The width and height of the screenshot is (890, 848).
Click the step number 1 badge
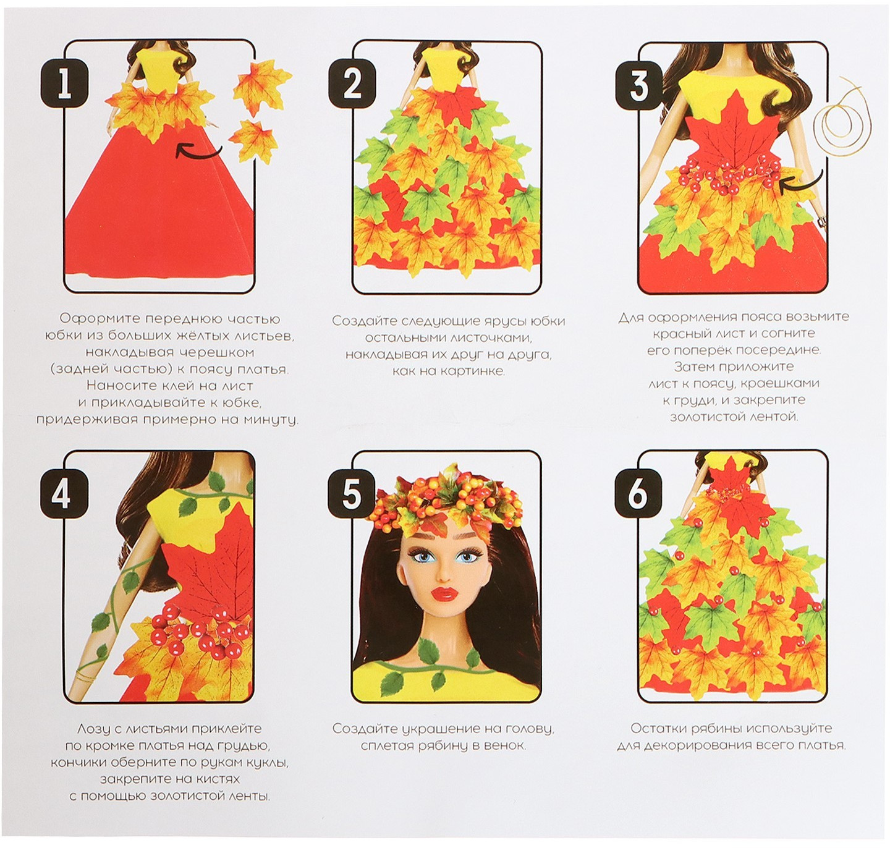64,85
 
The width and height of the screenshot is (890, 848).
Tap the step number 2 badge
352,85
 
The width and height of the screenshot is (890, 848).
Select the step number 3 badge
638,85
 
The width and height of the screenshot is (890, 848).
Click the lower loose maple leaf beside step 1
253,142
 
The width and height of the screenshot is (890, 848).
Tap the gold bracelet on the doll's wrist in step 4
85,676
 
